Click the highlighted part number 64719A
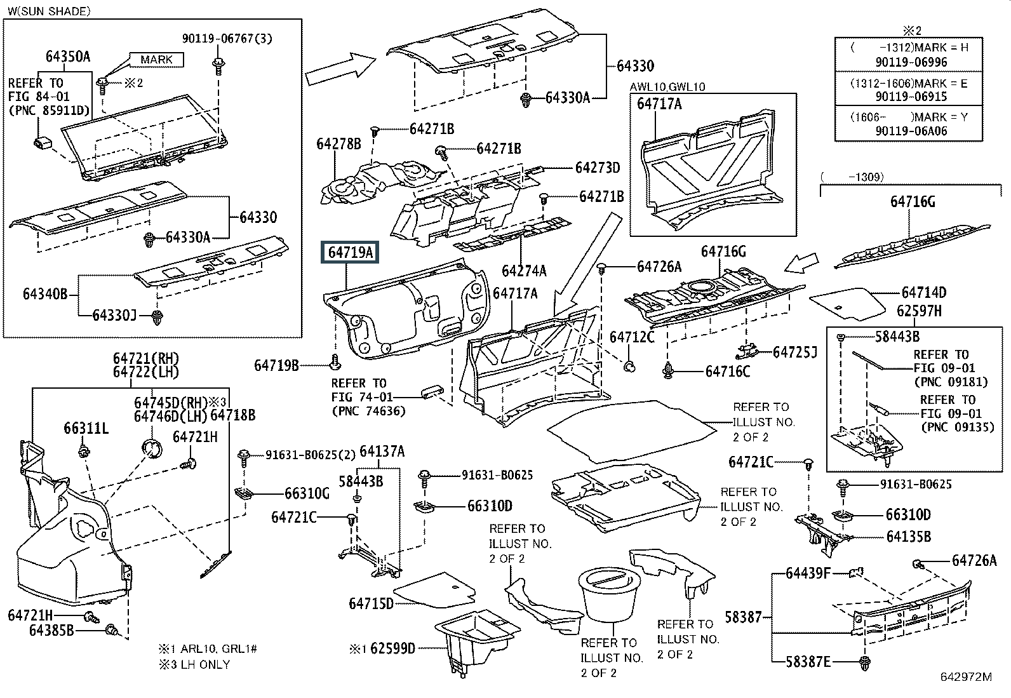point(350,253)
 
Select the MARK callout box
point(156,60)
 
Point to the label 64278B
point(338,145)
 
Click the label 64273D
point(597,168)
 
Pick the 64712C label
point(631,337)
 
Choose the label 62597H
point(919,311)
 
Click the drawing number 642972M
point(965,677)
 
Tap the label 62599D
point(392,648)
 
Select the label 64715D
point(371,603)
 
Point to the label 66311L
point(86,429)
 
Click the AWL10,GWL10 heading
point(667,87)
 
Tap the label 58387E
point(808,662)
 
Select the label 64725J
point(794,352)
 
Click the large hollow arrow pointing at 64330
point(341,70)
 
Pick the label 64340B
point(45,294)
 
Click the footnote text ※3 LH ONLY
point(194,664)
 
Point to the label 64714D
point(923,293)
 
